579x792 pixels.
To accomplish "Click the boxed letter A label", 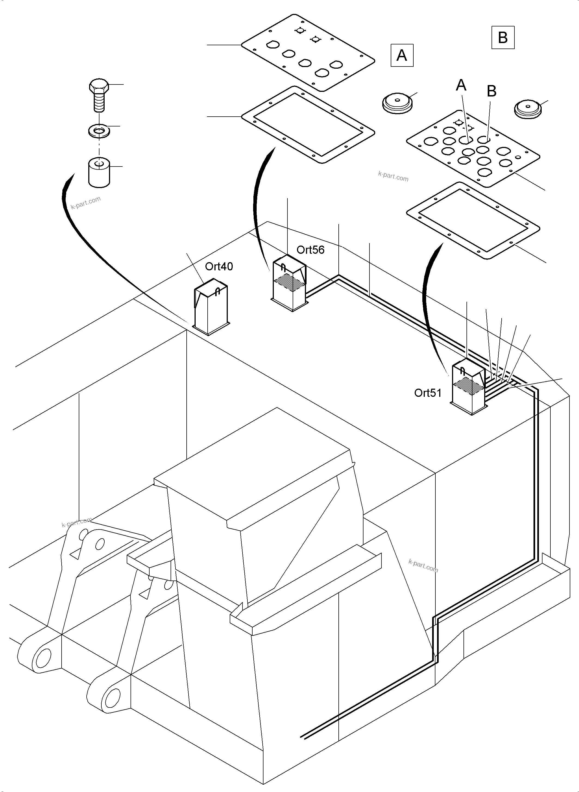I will (402, 55).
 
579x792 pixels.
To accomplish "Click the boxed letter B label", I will (503, 37).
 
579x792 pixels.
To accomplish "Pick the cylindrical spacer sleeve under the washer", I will (99, 173).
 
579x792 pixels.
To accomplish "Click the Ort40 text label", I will (219, 267).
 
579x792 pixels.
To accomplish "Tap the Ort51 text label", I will (428, 393).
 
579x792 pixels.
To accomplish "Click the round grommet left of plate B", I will (397, 103).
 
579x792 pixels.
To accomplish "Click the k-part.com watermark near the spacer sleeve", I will (86, 203).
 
